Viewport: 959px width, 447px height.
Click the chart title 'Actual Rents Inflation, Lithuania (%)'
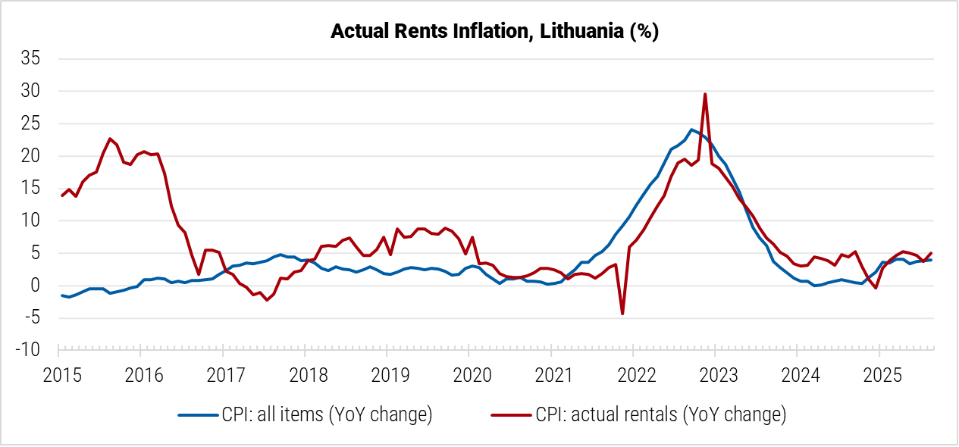(495, 32)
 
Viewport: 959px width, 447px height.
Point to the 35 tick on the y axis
(30, 58)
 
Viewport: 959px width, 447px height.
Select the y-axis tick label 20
(30, 156)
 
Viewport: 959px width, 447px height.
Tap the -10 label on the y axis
(27, 351)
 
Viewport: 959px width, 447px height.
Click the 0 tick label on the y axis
(35, 286)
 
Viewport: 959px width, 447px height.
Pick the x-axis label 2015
(58, 374)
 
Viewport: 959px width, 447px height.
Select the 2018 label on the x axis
(304, 374)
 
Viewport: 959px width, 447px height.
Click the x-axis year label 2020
(468, 374)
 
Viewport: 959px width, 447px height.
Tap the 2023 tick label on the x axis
(714, 374)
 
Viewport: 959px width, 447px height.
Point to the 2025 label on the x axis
(878, 374)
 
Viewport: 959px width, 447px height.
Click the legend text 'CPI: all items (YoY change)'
(327, 414)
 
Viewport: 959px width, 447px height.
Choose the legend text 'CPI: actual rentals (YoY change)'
(660, 414)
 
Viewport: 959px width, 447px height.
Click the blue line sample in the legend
(198, 414)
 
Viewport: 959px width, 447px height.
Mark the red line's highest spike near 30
(705, 94)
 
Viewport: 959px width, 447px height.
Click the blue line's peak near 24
(691, 130)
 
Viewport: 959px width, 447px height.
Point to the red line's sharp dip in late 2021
(622, 313)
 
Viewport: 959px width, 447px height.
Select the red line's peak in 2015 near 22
(110, 139)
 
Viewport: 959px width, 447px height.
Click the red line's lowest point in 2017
(267, 300)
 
